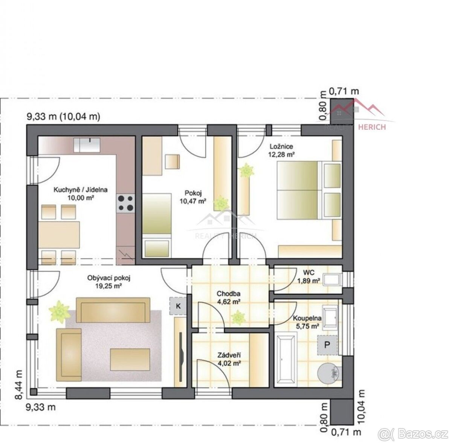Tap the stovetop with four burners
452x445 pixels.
tap(125, 204)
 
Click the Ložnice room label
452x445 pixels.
tap(281, 147)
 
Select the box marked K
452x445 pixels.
tap(178, 306)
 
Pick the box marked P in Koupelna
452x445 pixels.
tap(327, 345)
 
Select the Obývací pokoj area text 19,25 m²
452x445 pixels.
tap(108, 286)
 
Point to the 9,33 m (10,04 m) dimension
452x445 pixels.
tap(63, 117)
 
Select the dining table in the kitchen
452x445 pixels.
tap(59, 235)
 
